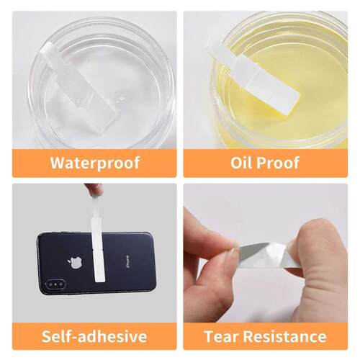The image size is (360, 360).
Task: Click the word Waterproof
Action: [x=95, y=163]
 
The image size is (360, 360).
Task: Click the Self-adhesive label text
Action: [x=94, y=336]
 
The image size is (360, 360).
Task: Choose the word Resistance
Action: [x=285, y=336]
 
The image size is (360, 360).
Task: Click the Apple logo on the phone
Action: [x=75, y=263]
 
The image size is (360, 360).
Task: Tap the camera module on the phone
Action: [x=56, y=284]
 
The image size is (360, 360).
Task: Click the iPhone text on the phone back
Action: [x=126, y=261]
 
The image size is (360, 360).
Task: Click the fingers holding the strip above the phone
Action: [x=94, y=189]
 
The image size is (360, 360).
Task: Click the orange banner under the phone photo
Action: [x=94, y=336]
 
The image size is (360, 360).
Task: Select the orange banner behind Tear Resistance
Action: [x=266, y=336]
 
